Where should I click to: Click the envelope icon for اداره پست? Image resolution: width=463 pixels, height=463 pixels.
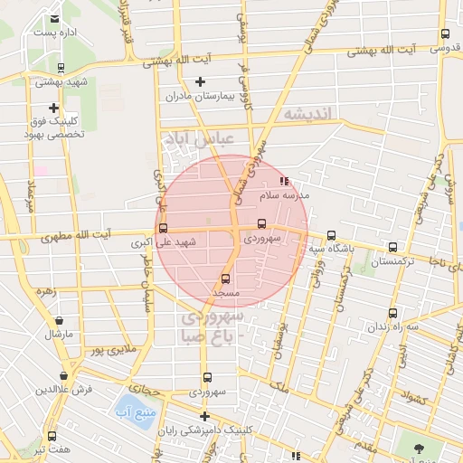tap(56, 18)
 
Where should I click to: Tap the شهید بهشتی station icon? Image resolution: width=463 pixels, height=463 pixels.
tap(61, 67)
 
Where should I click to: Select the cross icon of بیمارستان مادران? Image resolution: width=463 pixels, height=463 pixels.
tap(201, 81)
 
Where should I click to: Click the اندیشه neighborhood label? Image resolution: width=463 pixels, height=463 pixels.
tap(308, 114)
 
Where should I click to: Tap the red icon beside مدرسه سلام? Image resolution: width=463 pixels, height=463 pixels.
tap(285, 181)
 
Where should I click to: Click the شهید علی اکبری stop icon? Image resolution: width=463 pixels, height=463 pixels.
tap(163, 229)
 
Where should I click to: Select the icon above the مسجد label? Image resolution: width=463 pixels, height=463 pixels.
tap(225, 279)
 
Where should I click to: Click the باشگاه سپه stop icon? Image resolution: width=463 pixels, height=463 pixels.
tap(331, 235)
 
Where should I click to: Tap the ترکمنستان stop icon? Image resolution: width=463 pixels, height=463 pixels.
tap(392, 247)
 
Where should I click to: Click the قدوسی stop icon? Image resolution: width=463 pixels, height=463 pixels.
tap(444, 34)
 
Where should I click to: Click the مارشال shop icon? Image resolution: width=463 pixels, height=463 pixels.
tap(59, 320)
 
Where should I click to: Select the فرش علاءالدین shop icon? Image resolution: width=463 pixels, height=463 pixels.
tap(63, 375)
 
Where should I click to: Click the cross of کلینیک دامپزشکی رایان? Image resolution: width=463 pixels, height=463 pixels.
tap(205, 417)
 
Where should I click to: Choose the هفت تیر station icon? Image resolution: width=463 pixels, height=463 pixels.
tap(52, 436)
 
